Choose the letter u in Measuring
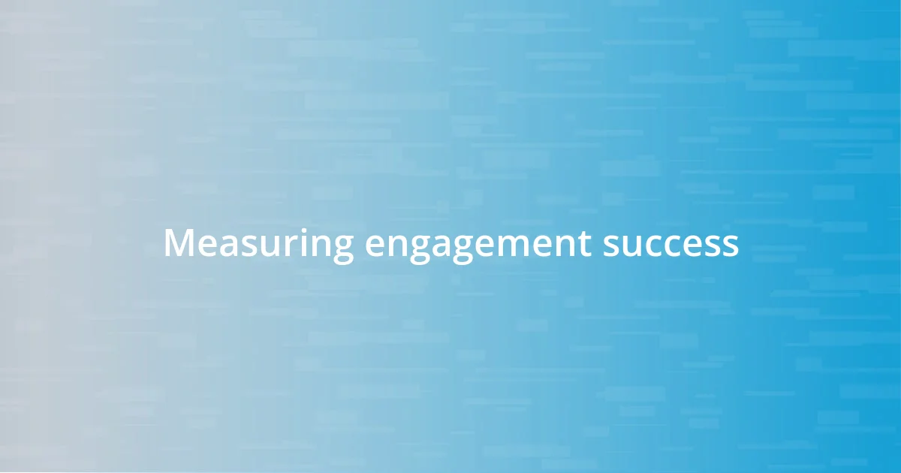(x=262, y=246)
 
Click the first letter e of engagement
(x=375, y=246)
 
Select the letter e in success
(x=692, y=246)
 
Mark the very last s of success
(x=731, y=246)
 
